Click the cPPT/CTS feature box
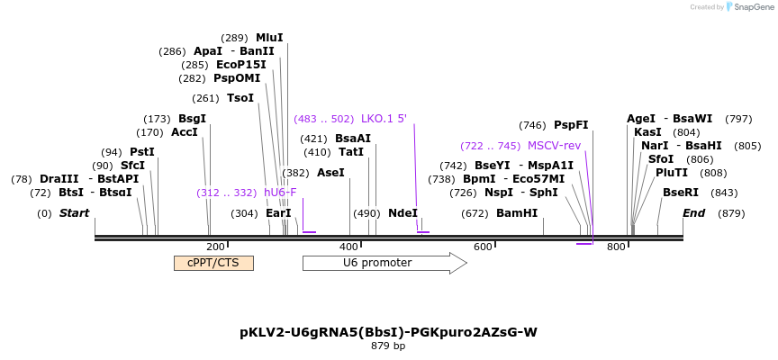[x=213, y=263]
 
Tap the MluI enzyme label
[x=269, y=38]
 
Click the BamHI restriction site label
[x=517, y=213]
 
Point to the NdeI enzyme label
[x=403, y=213]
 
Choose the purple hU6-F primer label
[x=280, y=193]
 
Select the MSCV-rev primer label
[x=554, y=146]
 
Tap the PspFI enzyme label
[x=571, y=125]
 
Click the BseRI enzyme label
[x=681, y=193]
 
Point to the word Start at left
[x=75, y=213]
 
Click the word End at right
[x=693, y=213]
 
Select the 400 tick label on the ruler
[x=348, y=247]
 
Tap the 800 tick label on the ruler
[x=616, y=247]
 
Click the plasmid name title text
[x=388, y=332]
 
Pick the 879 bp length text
[x=388, y=346]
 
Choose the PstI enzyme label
[x=142, y=152]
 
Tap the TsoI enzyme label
[x=240, y=98]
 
